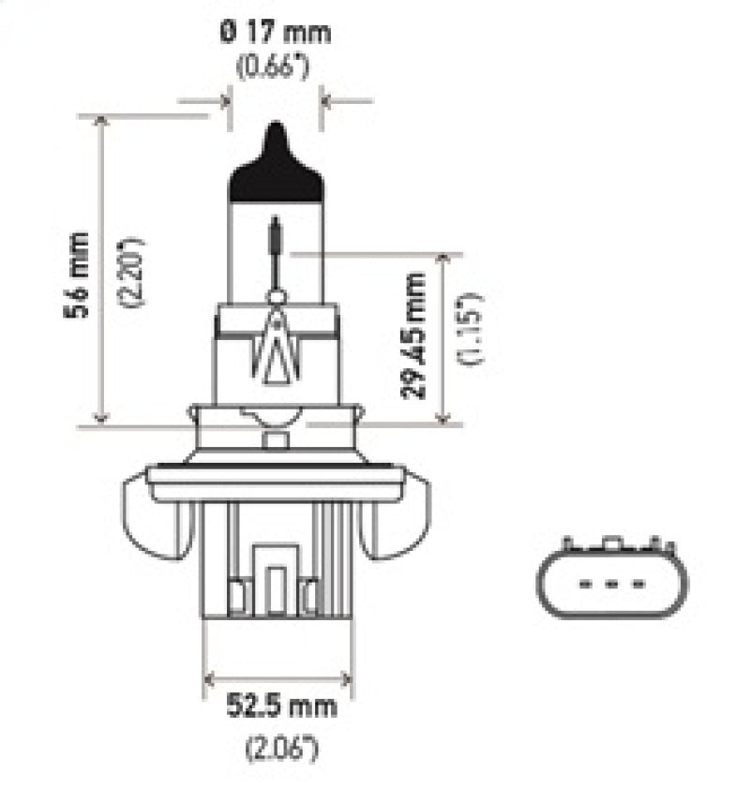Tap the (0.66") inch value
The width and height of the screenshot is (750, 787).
276,67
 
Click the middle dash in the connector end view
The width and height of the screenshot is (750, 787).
611,584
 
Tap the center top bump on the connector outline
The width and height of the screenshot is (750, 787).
611,543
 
